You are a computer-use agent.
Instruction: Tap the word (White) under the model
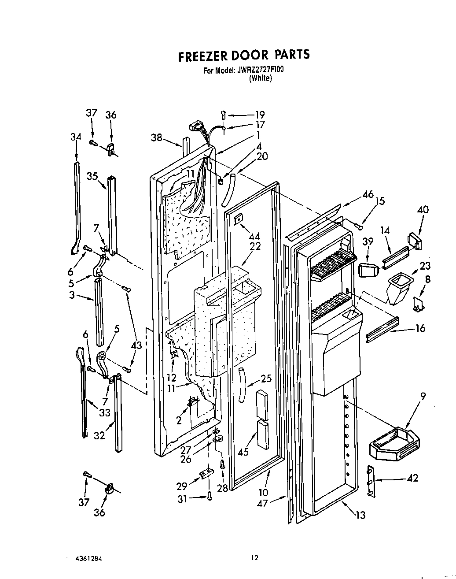pos(260,78)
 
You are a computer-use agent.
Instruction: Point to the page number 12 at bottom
pos(254,558)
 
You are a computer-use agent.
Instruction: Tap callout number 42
pos(412,478)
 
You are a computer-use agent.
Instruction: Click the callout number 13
pos(360,515)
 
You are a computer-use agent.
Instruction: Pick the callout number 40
pos(423,210)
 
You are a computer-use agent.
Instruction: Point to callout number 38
pos(157,137)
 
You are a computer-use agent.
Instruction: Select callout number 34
pos(76,137)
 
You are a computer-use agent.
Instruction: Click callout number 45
pos(243,452)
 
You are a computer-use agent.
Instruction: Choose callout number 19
pos(260,115)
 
